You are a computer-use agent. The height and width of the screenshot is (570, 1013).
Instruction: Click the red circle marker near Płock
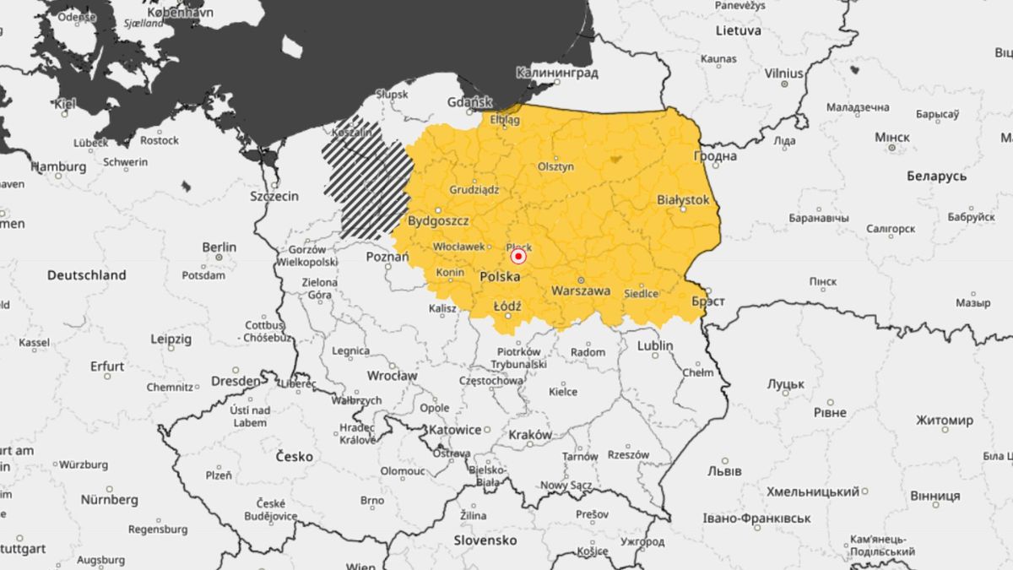point(518,256)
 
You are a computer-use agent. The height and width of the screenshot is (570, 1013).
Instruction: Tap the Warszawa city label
point(580,290)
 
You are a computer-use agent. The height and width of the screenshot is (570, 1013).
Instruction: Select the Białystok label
point(683,200)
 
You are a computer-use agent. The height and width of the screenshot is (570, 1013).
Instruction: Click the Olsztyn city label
point(555,167)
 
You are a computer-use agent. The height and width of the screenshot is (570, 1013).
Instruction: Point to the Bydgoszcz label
point(438,221)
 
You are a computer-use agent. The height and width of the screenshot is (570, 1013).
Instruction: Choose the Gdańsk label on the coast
point(470,102)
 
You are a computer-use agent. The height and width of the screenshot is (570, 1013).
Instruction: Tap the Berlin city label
point(219,247)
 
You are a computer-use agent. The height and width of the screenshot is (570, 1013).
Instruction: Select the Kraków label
point(530,435)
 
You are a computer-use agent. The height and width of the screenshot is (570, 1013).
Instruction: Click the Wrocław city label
point(392,375)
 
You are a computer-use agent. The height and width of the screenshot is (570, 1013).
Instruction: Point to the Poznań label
point(387,256)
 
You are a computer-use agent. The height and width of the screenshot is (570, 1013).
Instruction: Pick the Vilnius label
point(783,73)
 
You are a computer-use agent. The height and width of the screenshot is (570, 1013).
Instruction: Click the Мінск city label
point(892,137)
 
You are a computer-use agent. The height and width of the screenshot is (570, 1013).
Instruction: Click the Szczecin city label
point(274,196)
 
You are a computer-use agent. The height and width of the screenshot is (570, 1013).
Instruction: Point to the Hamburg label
point(58,166)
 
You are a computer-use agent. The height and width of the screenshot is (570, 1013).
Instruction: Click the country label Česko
point(294,456)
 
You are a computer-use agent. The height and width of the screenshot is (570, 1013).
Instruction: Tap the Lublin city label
point(655,345)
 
